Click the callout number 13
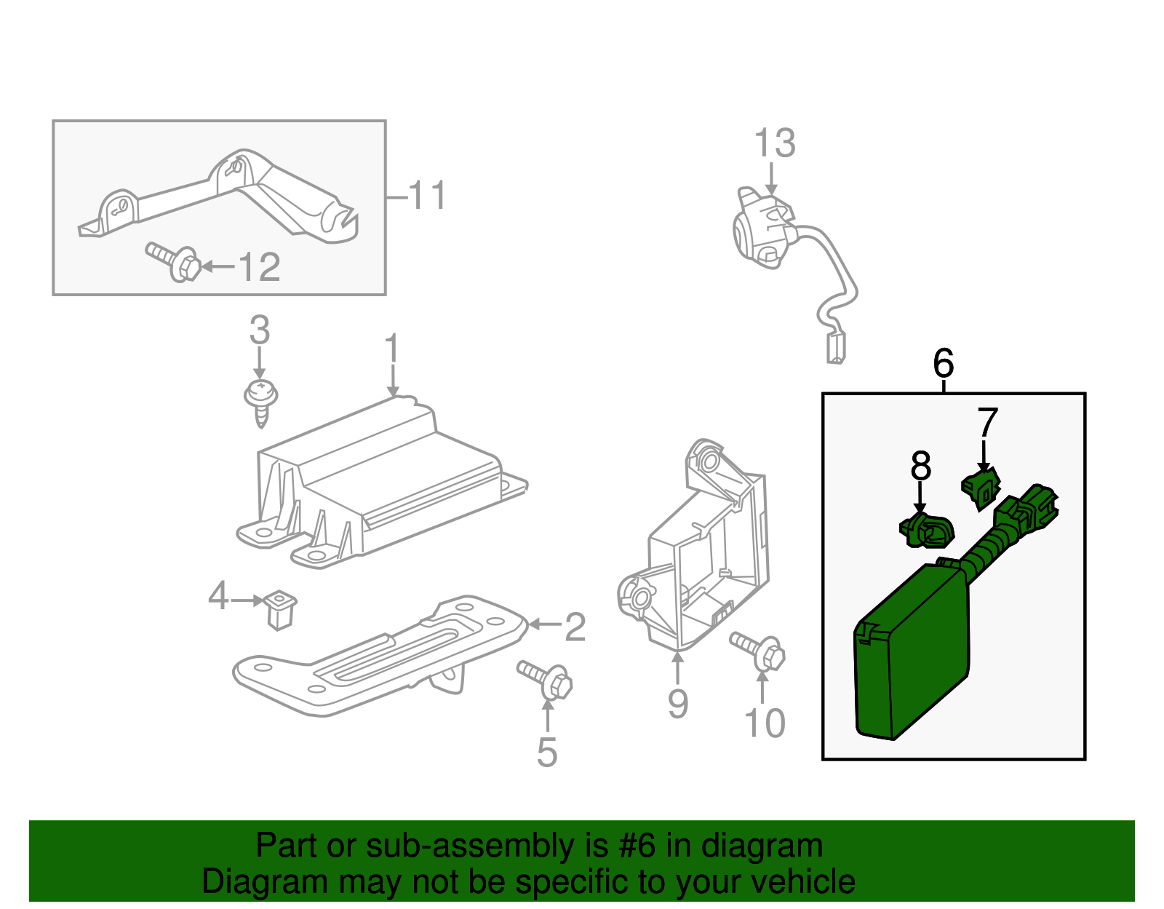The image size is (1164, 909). [x=774, y=143]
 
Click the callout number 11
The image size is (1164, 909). [x=426, y=196]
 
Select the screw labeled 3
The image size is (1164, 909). [x=260, y=400]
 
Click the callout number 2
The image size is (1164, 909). [x=575, y=627]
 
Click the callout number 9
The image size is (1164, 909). [x=677, y=704]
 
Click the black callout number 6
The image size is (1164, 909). [x=943, y=363]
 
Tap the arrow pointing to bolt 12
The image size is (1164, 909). [x=217, y=267]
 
